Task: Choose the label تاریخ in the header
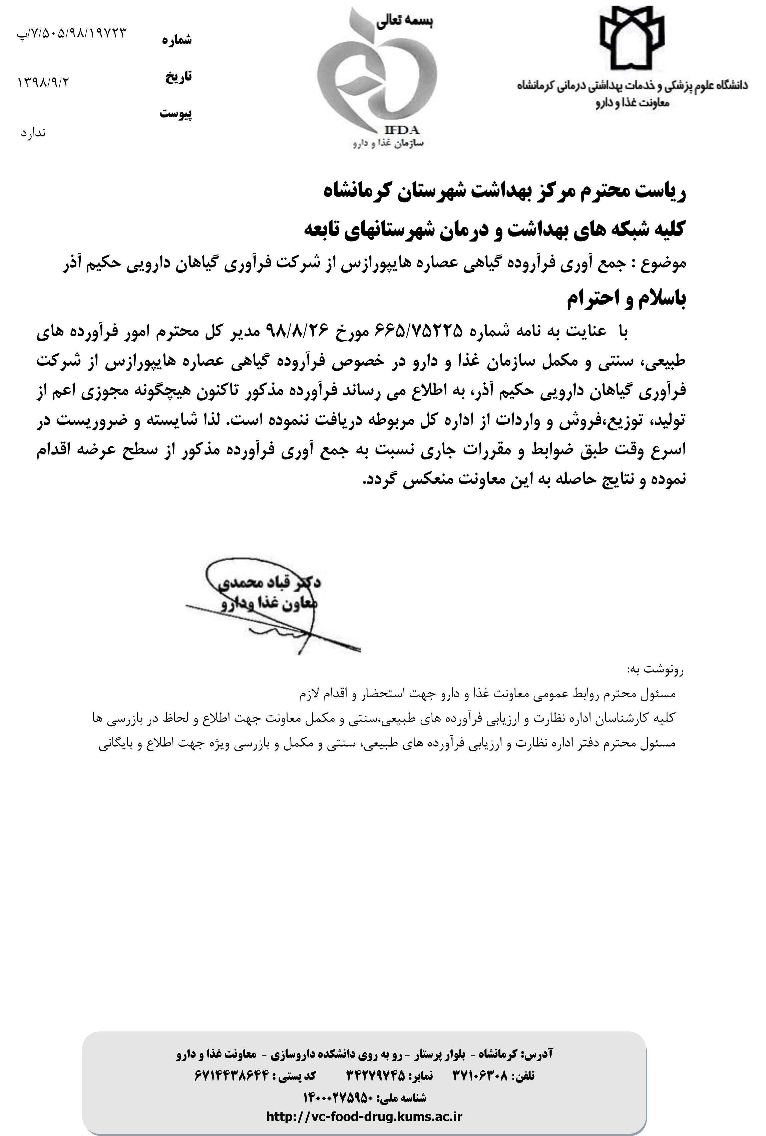(178, 77)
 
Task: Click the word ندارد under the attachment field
(33, 132)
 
